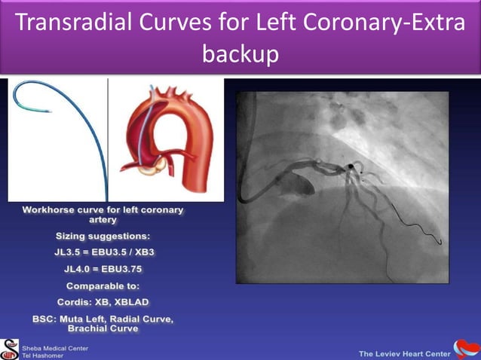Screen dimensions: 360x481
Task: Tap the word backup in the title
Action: (240, 54)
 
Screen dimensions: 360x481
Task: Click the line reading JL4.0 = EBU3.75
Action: (103, 268)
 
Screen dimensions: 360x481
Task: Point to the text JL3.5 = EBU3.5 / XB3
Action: (103, 252)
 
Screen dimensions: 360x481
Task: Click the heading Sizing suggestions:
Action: (103, 236)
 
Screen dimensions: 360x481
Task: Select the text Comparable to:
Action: (103, 286)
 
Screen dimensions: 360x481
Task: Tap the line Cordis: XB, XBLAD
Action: (103, 303)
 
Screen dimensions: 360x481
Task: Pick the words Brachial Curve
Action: (103, 328)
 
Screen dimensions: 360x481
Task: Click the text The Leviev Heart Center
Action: (403, 353)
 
